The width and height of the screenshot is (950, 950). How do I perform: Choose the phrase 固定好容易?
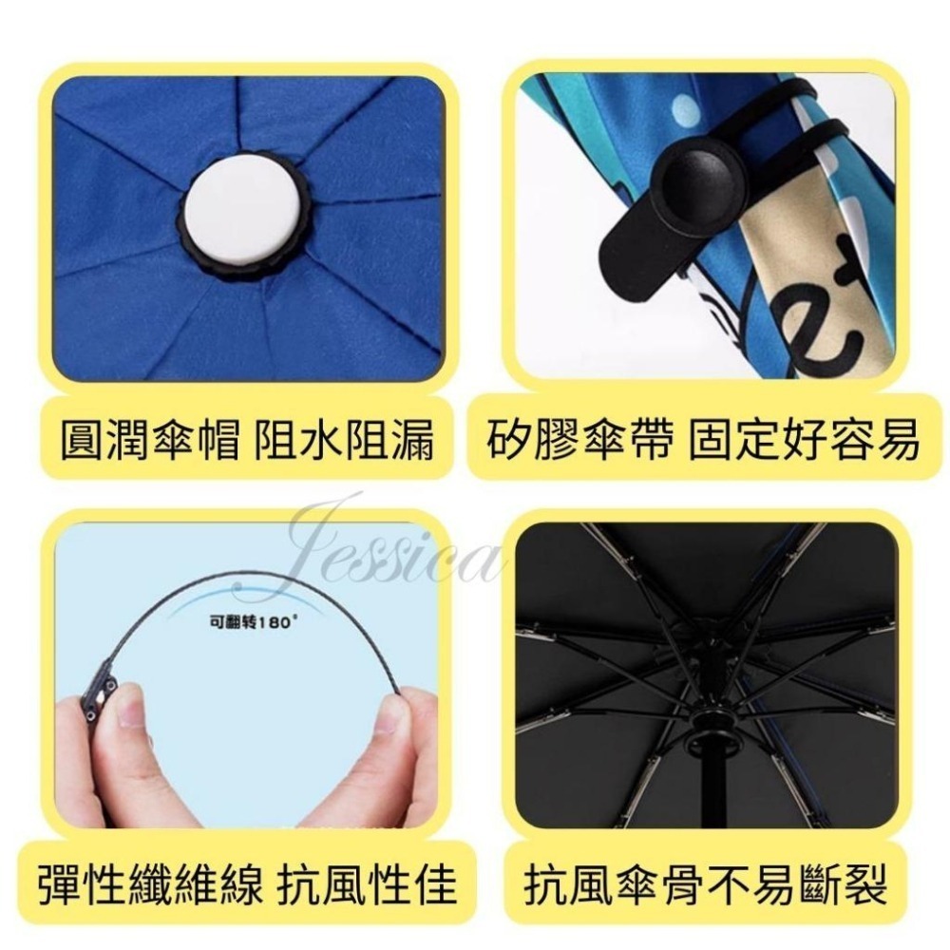(x=818, y=439)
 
